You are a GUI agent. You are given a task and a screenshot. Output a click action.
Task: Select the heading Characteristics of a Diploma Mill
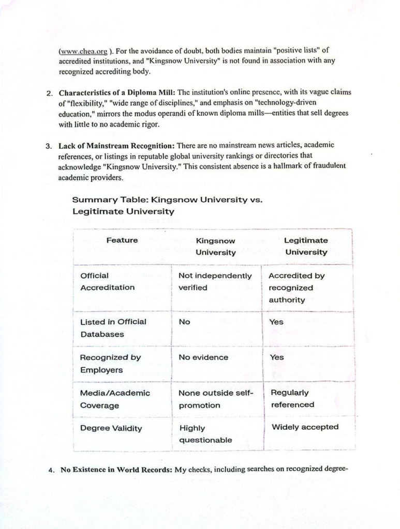(x=116, y=92)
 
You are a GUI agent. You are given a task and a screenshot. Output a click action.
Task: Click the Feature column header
(x=122, y=240)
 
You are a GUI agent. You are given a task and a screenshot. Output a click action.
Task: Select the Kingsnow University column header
(x=215, y=246)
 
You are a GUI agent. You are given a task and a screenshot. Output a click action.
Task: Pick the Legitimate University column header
(x=306, y=246)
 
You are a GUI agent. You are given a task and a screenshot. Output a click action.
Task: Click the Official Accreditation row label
(x=107, y=282)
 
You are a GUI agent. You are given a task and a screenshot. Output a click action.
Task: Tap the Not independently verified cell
(x=215, y=282)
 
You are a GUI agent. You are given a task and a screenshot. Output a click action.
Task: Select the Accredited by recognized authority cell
(x=296, y=288)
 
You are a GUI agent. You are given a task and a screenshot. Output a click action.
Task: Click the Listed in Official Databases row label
(x=113, y=328)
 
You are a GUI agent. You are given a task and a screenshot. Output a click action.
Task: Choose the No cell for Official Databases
(x=185, y=322)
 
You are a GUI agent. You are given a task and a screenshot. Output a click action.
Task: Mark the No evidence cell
(x=203, y=357)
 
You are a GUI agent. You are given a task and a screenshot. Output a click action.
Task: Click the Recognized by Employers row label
(x=110, y=363)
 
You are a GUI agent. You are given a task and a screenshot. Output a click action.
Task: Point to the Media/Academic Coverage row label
(x=115, y=399)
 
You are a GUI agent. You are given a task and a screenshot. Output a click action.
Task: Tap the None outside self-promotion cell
(x=216, y=399)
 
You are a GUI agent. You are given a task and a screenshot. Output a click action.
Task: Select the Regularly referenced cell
(x=292, y=398)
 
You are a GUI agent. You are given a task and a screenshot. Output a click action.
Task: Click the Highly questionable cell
(x=205, y=434)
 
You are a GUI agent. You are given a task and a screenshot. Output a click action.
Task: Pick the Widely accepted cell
(x=305, y=427)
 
